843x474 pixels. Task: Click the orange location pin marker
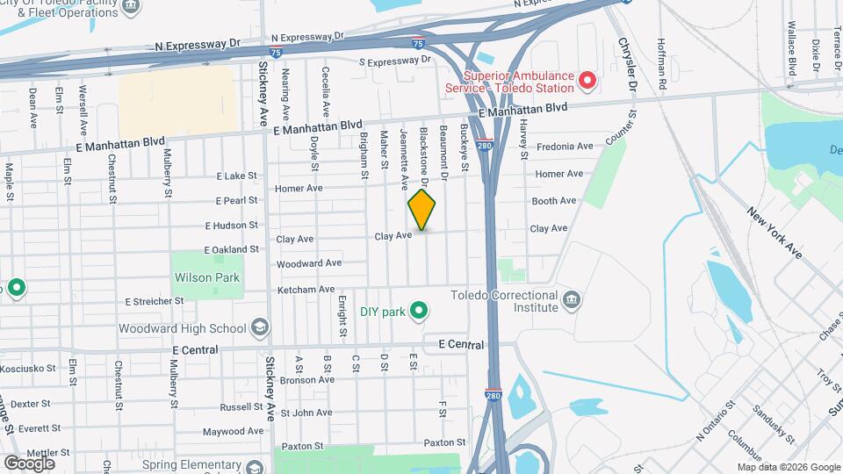[x=422, y=211]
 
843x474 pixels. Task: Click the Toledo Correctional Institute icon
[x=572, y=301]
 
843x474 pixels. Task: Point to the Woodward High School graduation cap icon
[x=260, y=328]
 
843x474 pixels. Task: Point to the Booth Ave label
[x=553, y=201]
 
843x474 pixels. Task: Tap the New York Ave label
[x=775, y=233]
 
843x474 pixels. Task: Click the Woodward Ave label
[x=308, y=263]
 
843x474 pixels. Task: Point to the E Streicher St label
[x=155, y=301]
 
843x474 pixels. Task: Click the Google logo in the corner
[x=28, y=463]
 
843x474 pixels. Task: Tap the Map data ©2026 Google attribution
[x=789, y=467]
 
